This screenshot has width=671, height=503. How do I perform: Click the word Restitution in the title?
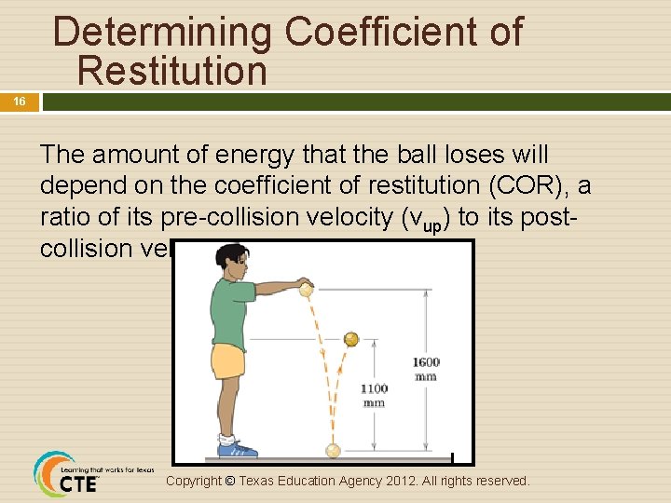tap(172, 70)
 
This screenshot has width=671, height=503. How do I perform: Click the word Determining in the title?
tap(164, 32)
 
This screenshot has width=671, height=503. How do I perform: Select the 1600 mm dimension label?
tap(426, 369)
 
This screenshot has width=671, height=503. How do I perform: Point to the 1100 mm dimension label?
tap(374, 395)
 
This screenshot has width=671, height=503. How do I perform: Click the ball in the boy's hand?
tap(305, 289)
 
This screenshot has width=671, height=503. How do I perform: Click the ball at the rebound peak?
tap(351, 339)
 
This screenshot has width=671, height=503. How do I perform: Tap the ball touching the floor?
tap(333, 451)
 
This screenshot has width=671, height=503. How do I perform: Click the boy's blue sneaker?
tap(237, 449)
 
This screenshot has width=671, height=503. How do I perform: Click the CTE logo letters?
tap(78, 484)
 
